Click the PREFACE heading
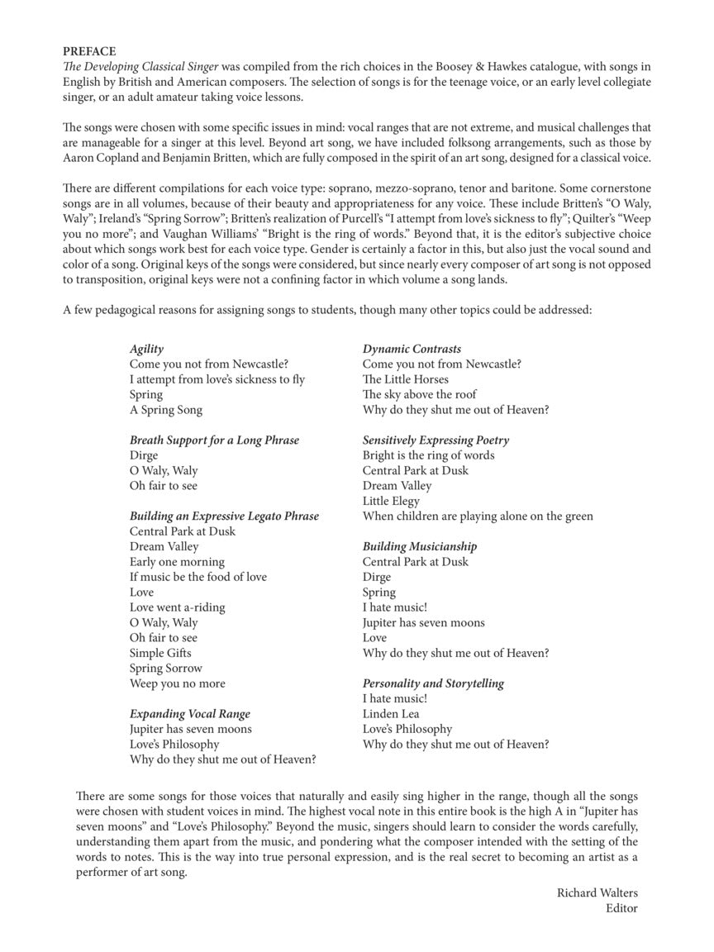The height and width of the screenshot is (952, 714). pyautogui.click(x=89, y=51)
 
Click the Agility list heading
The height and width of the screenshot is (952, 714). pyautogui.click(x=146, y=349)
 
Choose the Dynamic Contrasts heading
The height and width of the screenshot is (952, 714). pyautogui.click(x=412, y=349)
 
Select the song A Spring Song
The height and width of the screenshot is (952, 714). pyautogui.click(x=165, y=410)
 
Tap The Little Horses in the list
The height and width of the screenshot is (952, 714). pyautogui.click(x=406, y=379)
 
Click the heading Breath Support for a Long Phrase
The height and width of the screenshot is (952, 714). pyautogui.click(x=213, y=440)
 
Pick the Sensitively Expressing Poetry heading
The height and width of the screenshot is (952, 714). pyautogui.click(x=436, y=440)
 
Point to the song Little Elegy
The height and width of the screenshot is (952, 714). pyautogui.click(x=391, y=501)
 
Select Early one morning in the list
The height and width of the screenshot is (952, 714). pyautogui.click(x=177, y=562)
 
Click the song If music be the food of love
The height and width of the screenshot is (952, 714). pyautogui.click(x=198, y=577)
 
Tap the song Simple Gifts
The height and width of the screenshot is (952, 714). pyautogui.click(x=160, y=653)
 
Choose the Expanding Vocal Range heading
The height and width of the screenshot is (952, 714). pyautogui.click(x=189, y=714)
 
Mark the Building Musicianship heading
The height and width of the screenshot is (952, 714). pyautogui.click(x=419, y=546)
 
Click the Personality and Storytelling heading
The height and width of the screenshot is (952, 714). pyautogui.click(x=433, y=683)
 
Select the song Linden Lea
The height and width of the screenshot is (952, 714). pyautogui.click(x=391, y=714)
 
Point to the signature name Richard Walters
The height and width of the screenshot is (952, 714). pyautogui.click(x=597, y=893)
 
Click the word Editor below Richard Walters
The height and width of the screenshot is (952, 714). pyautogui.click(x=621, y=908)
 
